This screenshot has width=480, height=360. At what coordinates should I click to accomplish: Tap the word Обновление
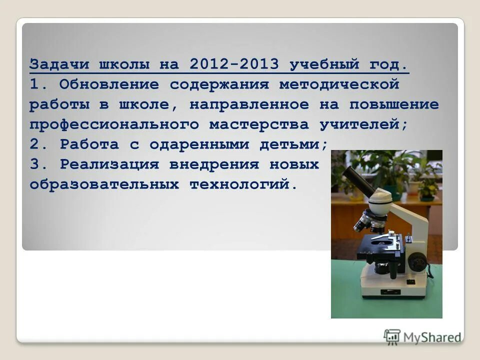click(109, 85)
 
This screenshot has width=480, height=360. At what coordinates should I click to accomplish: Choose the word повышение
click(394, 105)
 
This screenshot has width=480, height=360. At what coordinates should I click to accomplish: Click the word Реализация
click(109, 164)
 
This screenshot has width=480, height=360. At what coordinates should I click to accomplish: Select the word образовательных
click(104, 184)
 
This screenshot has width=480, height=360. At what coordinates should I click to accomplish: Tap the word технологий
click(243, 184)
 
